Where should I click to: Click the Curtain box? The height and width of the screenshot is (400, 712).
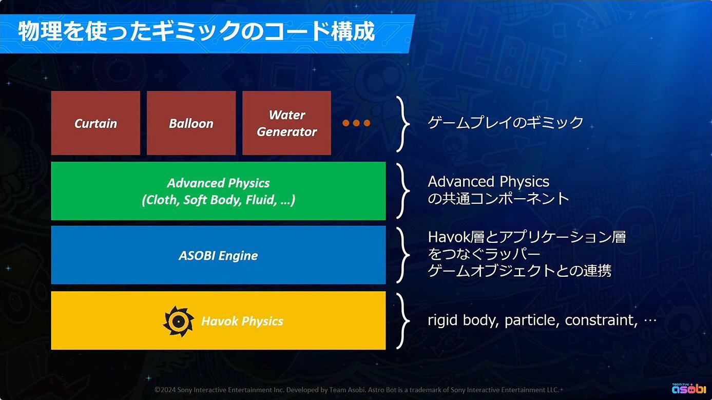tap(95, 123)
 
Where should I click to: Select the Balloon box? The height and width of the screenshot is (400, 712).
tap(191, 123)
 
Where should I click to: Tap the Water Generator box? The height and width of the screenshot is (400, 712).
tap(287, 123)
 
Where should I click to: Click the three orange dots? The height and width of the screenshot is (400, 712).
tap(356, 123)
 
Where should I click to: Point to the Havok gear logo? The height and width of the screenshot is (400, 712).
tap(178, 321)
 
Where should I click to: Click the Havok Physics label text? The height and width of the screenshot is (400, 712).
tap(242, 321)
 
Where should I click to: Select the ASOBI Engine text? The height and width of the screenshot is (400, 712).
tap(218, 256)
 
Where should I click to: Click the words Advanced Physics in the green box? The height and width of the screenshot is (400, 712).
tap(218, 183)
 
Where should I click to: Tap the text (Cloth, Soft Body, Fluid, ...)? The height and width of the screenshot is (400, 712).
tap(218, 200)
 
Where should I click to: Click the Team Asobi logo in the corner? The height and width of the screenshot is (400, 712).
tap(689, 388)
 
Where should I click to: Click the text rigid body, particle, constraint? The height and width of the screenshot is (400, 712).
tap(533, 320)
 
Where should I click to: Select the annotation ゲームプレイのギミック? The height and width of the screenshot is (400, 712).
tap(506, 122)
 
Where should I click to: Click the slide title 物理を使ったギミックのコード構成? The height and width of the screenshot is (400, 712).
tap(197, 31)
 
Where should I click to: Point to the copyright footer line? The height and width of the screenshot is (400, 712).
tap(357, 390)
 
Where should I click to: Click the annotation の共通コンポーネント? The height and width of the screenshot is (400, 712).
tap(498, 198)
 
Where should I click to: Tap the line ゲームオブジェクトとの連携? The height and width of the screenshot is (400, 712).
tap(519, 271)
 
